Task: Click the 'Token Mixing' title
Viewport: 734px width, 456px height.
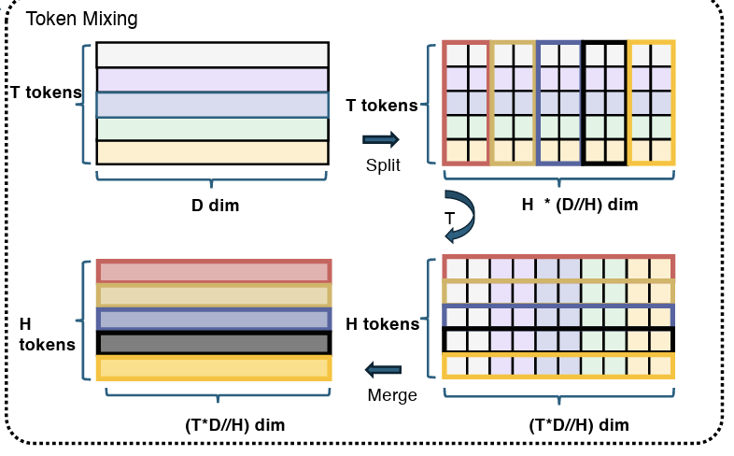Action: pos(81,20)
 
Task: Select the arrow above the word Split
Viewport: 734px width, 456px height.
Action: pos(381,139)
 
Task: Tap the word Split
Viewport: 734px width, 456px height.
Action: pos(383,165)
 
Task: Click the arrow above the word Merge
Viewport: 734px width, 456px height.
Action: pos(383,369)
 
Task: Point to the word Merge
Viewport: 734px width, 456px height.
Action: pos(392,395)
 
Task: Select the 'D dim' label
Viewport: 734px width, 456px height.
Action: pos(216,205)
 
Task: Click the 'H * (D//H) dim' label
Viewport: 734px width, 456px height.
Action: pos(580,205)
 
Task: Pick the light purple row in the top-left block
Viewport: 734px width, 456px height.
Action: pos(213,79)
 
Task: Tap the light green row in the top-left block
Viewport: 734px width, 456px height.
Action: pos(213,129)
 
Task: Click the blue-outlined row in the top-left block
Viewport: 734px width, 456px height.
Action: pos(213,105)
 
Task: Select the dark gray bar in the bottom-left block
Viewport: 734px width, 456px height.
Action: pos(214,343)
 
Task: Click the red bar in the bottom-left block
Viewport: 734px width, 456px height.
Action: pos(214,271)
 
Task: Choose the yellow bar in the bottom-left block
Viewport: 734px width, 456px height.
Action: pos(214,368)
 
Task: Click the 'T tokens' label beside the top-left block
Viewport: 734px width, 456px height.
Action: pos(46,93)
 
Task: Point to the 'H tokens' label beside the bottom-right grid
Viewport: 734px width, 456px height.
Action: pos(383,324)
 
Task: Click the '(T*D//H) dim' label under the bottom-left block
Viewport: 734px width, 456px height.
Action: pos(235,425)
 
